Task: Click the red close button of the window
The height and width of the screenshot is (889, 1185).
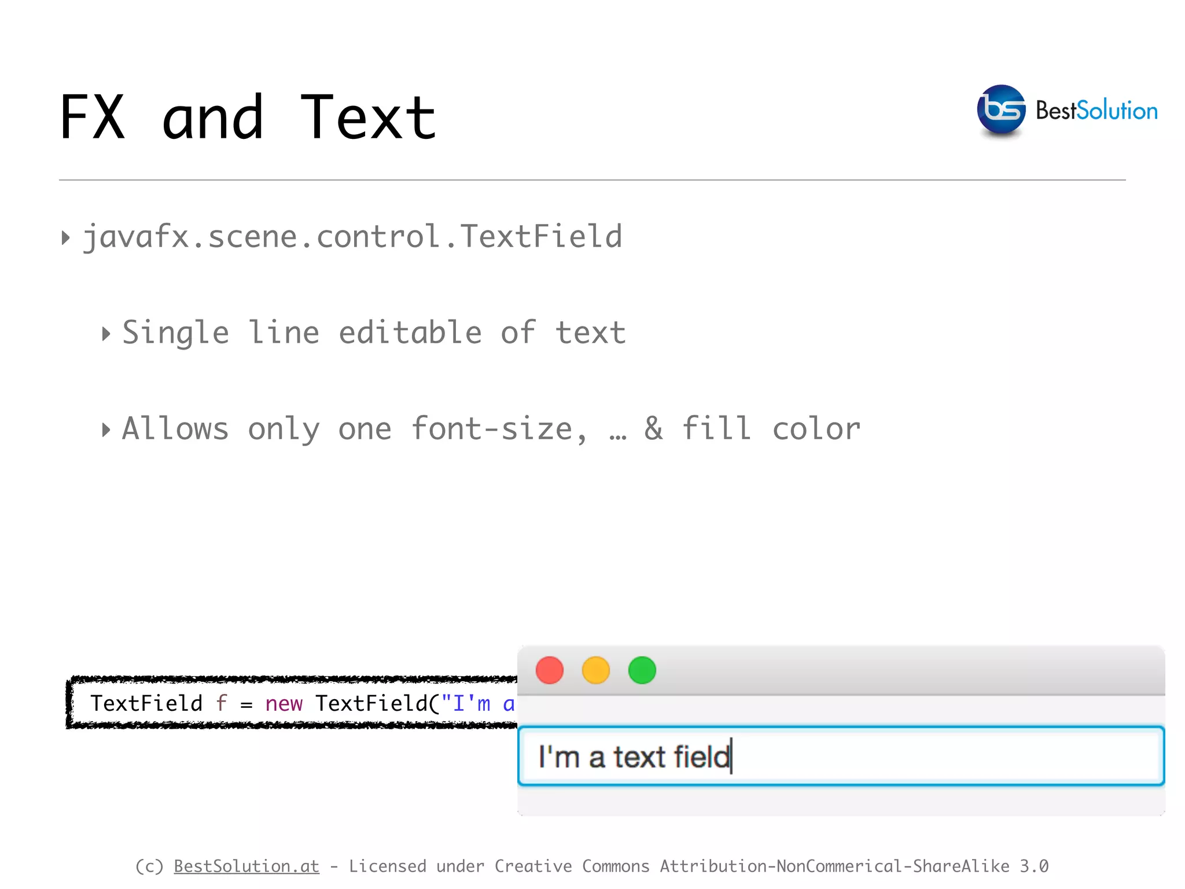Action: coord(549,670)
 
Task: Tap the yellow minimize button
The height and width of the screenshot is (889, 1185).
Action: coord(595,670)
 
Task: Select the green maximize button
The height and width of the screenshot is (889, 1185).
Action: coord(642,670)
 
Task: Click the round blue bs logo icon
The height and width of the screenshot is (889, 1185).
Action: coord(1001,109)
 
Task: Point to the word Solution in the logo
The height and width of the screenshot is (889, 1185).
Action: coord(1117,111)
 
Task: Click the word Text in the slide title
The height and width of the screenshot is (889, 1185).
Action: coord(368,118)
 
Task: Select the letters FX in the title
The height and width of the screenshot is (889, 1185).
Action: coord(93,118)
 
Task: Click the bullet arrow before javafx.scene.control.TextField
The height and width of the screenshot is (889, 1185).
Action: coord(66,237)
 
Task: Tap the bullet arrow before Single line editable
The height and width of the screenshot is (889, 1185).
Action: coord(106,333)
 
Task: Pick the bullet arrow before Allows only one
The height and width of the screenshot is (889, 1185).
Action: coord(106,429)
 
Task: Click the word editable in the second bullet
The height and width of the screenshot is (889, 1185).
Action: coord(410,333)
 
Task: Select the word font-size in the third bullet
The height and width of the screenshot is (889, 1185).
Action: coord(492,429)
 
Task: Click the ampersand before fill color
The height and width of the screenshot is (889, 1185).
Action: coord(654,428)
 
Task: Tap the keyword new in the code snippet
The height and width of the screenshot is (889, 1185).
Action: coord(284,704)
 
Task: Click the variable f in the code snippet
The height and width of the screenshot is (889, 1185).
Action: coord(222,703)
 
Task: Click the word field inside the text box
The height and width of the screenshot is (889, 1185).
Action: coord(701,756)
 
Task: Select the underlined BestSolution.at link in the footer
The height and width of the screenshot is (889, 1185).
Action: coord(246,866)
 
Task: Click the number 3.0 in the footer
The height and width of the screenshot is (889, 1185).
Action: coord(1034,866)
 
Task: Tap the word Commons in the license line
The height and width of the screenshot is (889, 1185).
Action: coord(616,866)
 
